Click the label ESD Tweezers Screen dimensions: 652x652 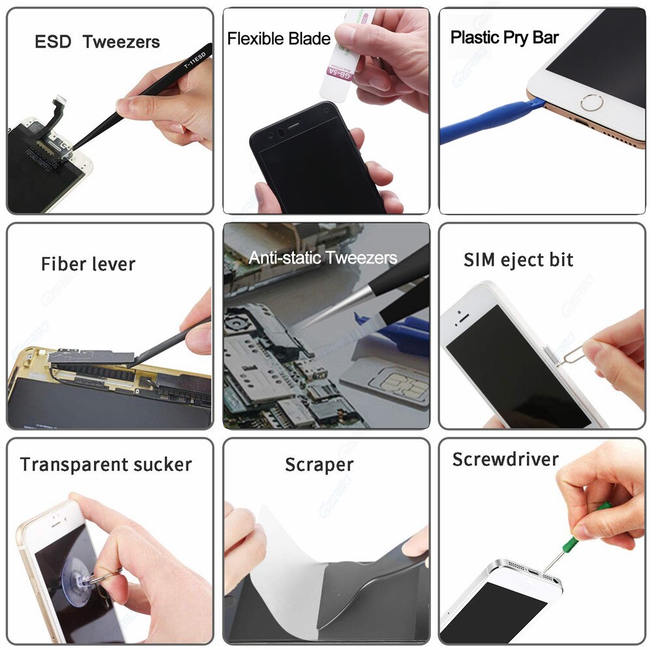click(97, 42)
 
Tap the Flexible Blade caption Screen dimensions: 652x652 click(278, 39)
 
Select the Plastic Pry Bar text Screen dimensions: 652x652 click(505, 37)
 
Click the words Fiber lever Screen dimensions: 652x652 click(88, 264)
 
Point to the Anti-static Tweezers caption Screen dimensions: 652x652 click(323, 258)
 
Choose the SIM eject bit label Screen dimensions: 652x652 click(518, 259)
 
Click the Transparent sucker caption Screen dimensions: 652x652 click(106, 465)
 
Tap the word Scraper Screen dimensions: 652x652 click(319, 465)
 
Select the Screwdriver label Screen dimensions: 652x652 click(505, 459)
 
